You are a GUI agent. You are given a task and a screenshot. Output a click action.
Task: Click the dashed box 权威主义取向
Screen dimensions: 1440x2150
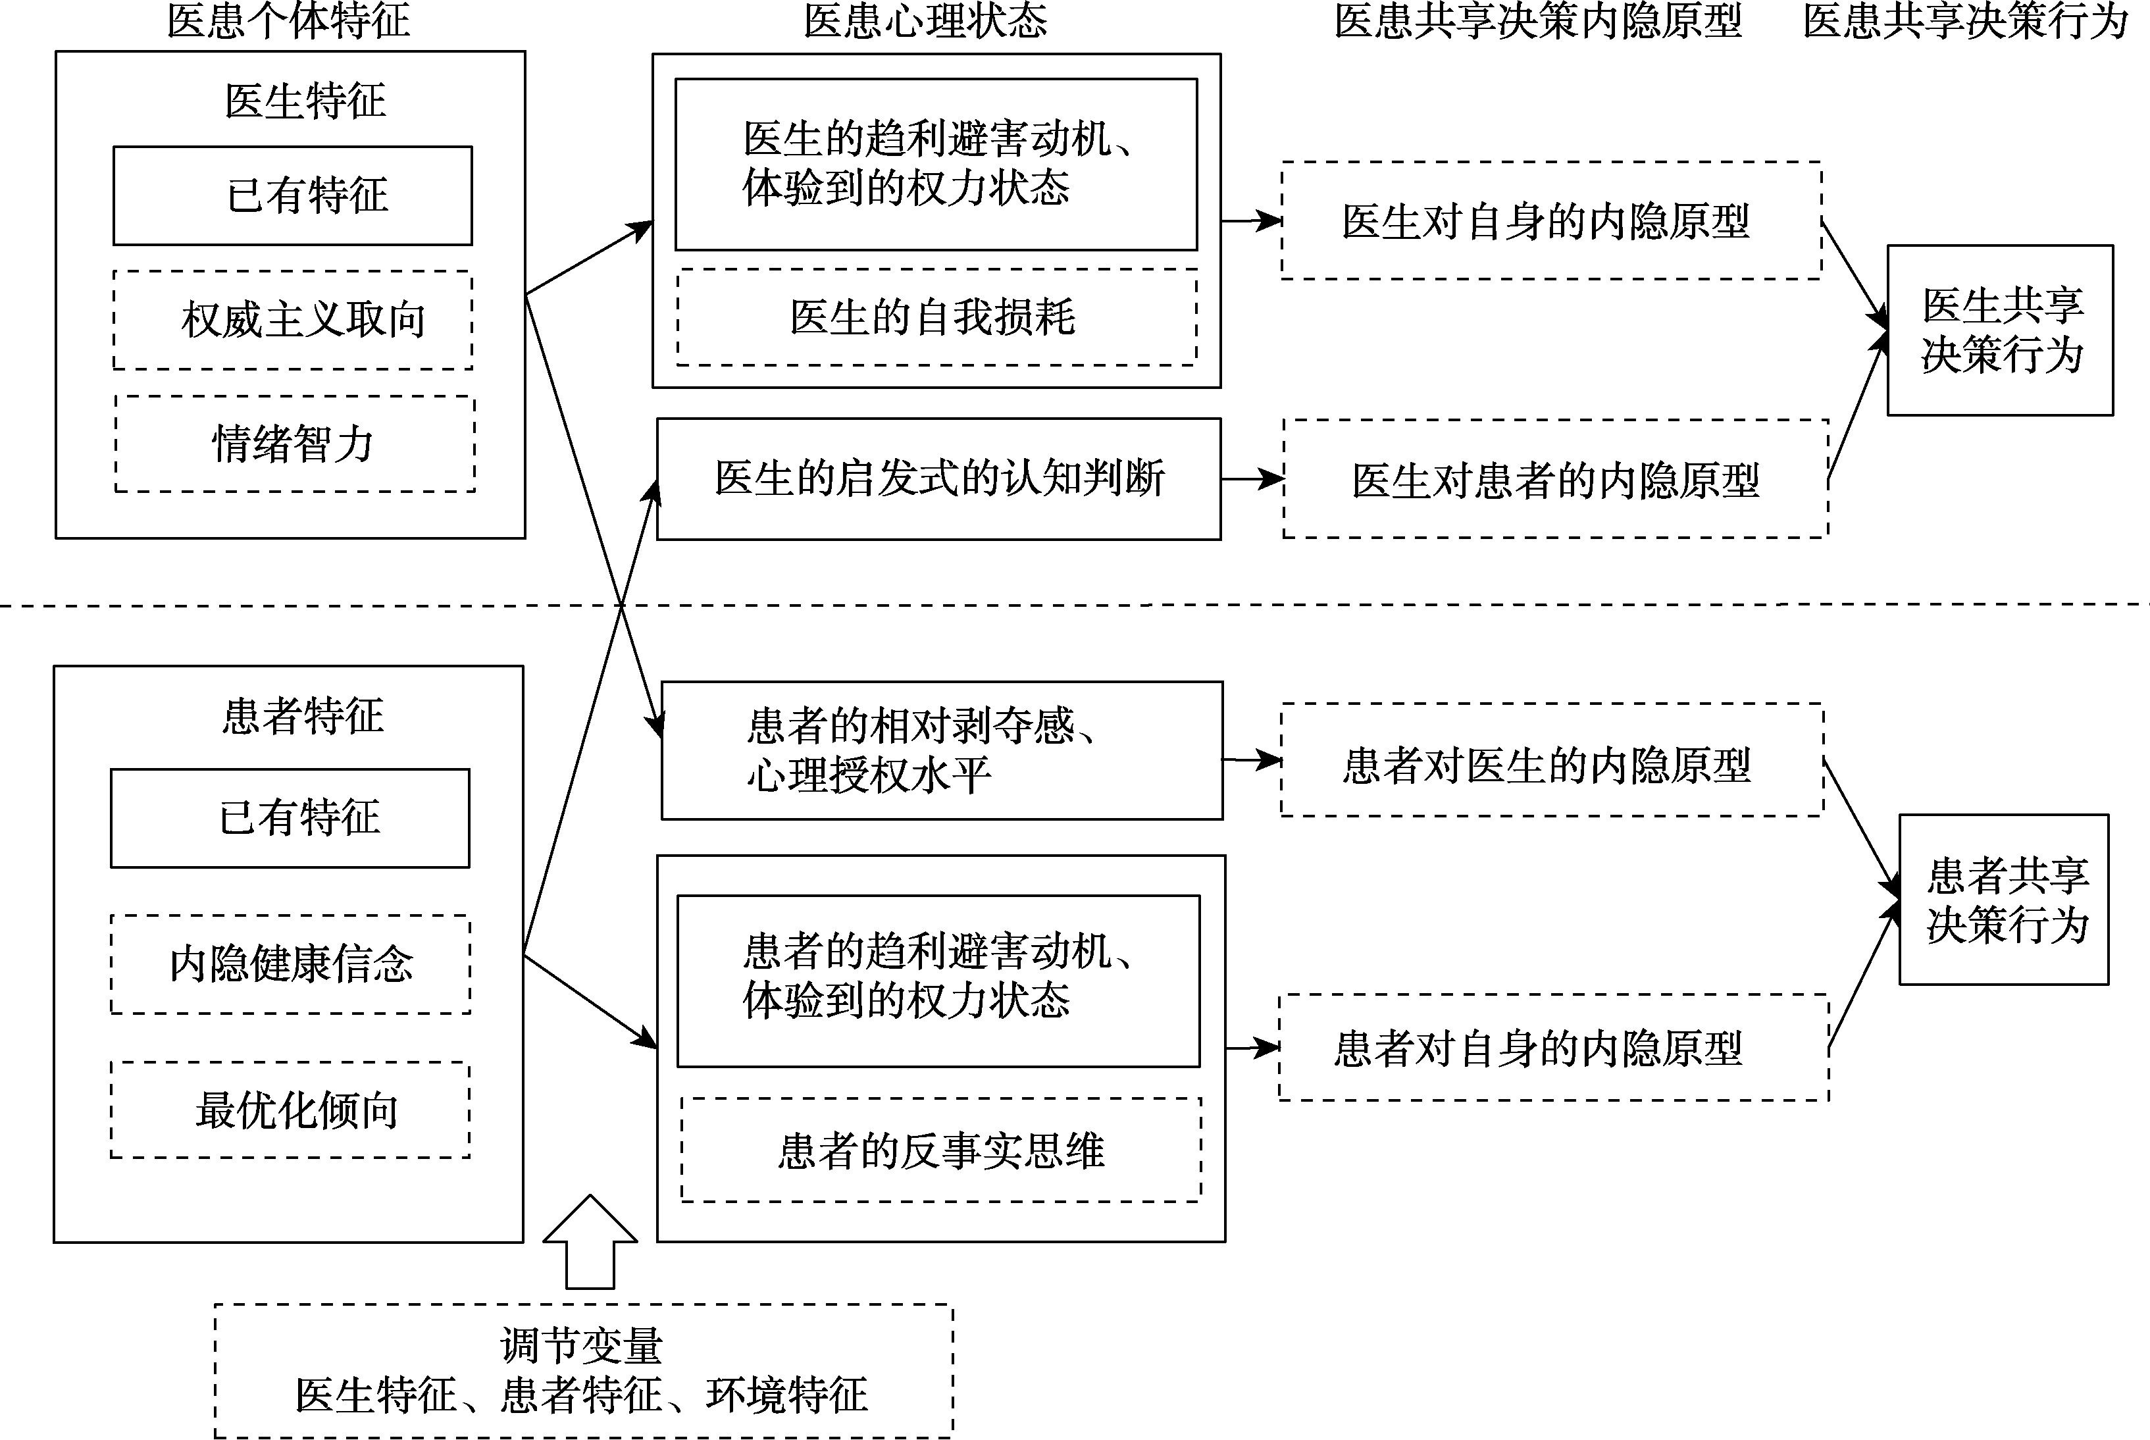[x=293, y=320]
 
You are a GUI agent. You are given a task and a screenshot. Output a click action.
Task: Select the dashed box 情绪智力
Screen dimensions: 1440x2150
[x=295, y=444]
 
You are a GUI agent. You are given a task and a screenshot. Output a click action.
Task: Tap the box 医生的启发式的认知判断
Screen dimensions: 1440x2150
[x=938, y=479]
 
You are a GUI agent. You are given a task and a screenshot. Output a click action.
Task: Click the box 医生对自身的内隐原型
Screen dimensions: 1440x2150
[x=1550, y=221]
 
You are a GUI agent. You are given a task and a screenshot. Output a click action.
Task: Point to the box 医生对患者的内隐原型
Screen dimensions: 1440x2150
[x=1555, y=479]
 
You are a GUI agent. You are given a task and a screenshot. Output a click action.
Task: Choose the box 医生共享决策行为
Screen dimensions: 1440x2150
[x=2001, y=330]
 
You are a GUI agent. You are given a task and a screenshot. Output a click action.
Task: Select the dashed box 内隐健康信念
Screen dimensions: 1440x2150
[x=290, y=964]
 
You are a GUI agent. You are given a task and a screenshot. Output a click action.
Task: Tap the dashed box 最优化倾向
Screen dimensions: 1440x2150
[x=290, y=1110]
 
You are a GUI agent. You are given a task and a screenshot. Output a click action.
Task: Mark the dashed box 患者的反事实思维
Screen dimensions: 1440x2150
[x=940, y=1150]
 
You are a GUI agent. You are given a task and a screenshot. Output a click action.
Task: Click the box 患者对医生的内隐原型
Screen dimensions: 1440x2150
[x=1551, y=760]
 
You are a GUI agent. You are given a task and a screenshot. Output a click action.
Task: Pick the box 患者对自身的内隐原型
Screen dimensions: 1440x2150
[x=1553, y=1048]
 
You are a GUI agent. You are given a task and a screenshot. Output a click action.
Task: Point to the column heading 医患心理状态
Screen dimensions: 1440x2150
[x=925, y=20]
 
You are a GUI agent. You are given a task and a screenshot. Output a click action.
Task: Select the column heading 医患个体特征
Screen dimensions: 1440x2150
[x=288, y=20]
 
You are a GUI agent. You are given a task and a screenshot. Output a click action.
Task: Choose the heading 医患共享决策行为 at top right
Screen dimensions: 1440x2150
[x=1964, y=20]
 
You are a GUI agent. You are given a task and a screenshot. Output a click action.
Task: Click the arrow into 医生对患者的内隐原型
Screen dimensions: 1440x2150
[x=1253, y=478]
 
